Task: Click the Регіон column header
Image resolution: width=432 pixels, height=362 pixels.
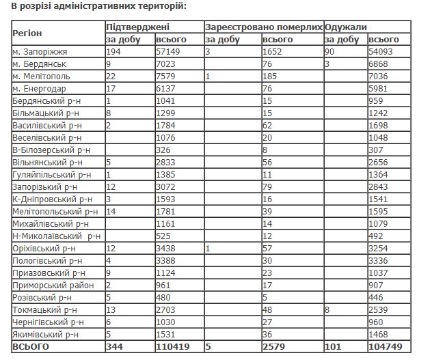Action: [x=27, y=33]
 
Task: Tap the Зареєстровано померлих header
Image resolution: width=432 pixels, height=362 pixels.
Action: [x=263, y=27]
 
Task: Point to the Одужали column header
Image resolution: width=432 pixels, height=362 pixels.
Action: [x=347, y=27]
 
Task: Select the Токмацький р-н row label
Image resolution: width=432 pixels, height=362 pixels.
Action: [x=43, y=309]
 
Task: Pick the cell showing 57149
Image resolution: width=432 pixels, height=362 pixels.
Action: [x=161, y=52]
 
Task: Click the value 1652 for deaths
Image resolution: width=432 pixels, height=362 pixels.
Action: [x=273, y=52]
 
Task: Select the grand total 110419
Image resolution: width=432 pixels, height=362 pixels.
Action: [x=163, y=347]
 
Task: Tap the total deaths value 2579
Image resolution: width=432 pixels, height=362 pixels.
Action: [x=274, y=347]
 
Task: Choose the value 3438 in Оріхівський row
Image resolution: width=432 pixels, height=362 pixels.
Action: [x=158, y=248]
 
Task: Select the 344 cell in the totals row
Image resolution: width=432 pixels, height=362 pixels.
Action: [x=114, y=347]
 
